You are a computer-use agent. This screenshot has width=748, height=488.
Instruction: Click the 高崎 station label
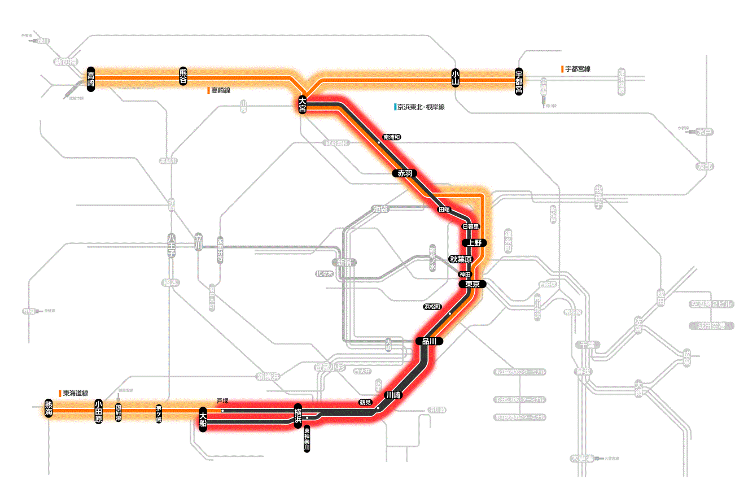tap(91, 79)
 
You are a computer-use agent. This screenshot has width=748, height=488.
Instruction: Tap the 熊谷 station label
tap(183, 76)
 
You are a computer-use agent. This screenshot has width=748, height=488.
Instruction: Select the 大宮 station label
tap(303, 105)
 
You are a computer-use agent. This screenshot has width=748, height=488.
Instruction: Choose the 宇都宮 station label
tap(519, 82)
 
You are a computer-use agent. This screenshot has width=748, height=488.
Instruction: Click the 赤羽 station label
tap(405, 173)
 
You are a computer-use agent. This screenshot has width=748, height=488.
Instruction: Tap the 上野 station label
tap(473, 243)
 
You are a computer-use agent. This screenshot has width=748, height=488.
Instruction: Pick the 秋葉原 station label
tap(460, 259)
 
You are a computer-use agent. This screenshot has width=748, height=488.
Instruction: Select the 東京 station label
tap(472, 285)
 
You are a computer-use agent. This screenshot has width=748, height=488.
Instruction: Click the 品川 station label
tap(429, 341)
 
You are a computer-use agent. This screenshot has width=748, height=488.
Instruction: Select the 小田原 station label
tap(98, 412)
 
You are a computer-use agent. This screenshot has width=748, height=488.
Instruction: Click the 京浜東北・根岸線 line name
tap(420, 107)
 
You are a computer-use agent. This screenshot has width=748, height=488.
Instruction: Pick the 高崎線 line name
tap(220, 90)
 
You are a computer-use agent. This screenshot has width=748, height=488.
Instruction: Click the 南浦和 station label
tap(391, 137)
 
